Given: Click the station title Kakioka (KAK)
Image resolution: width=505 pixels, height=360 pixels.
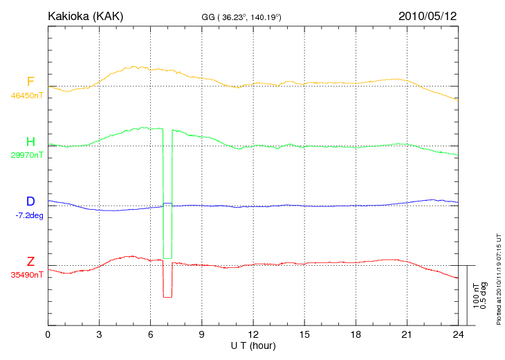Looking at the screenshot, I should tap(85, 15).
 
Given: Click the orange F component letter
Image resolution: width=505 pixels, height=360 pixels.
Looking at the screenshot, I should tap(30, 82).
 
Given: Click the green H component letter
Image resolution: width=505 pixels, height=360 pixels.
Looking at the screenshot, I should tap(30, 142).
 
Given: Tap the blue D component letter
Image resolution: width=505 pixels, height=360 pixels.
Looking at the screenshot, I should tap(30, 201).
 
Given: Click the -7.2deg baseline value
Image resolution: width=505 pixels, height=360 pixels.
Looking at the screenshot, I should tap(29, 215).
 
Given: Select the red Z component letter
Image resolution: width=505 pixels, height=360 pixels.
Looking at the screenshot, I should tap(30, 262).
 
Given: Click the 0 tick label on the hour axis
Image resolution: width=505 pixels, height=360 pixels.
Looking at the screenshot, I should tap(48, 335).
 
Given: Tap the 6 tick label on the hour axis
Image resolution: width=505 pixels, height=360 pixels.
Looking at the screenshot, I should tap(151, 335).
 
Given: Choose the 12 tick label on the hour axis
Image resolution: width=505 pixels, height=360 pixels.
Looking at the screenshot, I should tap(253, 335).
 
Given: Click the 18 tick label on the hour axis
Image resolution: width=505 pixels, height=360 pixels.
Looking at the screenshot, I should tap(356, 335).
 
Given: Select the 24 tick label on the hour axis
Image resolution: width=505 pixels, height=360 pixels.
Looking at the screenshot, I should tap(458, 335).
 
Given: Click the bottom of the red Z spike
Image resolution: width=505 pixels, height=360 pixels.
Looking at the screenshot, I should tap(167, 297).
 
